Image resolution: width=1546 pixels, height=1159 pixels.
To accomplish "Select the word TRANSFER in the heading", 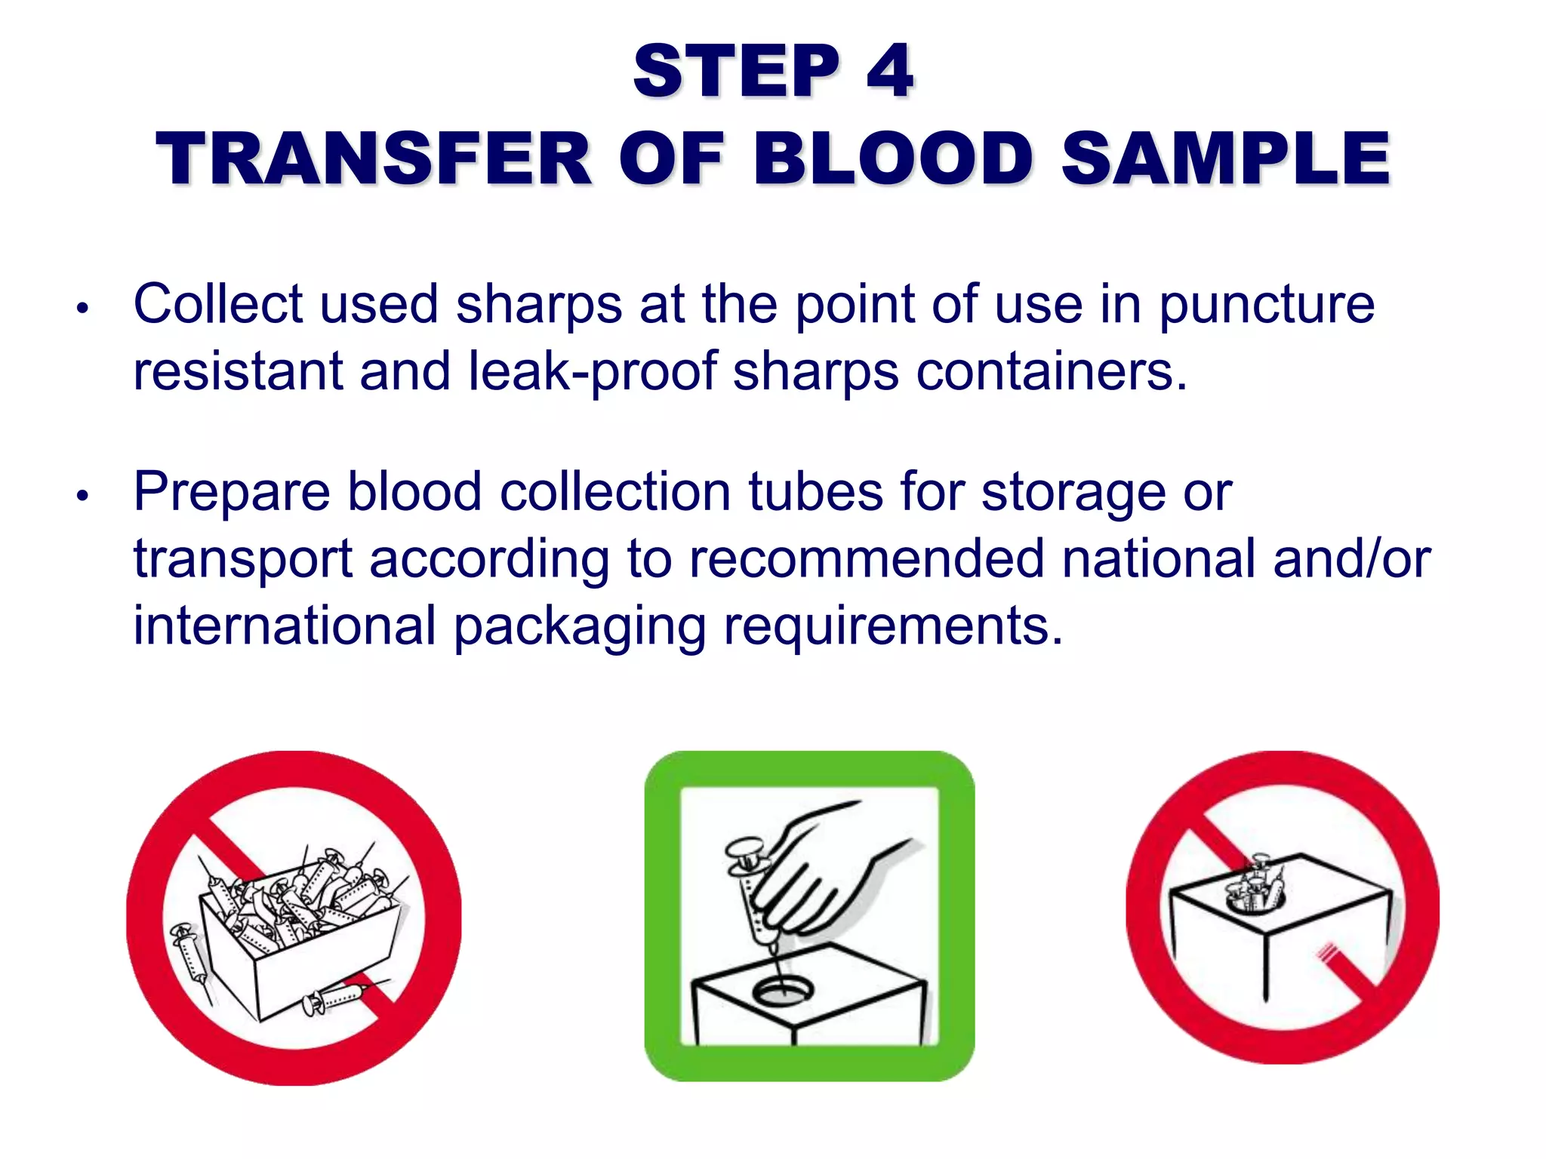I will click(x=374, y=158).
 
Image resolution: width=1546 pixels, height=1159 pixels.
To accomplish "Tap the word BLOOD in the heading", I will click(x=893, y=158).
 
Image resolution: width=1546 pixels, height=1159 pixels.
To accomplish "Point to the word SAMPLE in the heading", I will click(x=1225, y=158).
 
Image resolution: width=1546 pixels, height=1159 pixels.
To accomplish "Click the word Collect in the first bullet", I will click(x=218, y=304).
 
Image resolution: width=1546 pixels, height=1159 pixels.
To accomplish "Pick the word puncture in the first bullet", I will click(x=1267, y=306).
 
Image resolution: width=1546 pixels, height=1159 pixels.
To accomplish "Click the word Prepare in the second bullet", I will click(x=232, y=493).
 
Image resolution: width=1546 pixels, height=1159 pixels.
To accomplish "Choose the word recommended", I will click(x=867, y=559).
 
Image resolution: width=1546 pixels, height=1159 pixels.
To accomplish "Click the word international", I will click(x=285, y=626).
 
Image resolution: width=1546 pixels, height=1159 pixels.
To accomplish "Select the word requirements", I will click(x=893, y=627).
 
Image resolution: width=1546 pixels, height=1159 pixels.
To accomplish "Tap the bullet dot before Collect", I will click(x=83, y=308).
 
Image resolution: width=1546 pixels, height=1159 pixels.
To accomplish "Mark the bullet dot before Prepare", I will click(x=83, y=496).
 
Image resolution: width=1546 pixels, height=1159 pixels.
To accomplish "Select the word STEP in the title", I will click(x=736, y=72).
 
